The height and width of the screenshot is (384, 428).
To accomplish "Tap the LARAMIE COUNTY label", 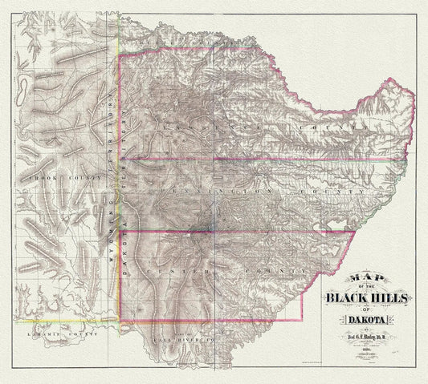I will (50, 331).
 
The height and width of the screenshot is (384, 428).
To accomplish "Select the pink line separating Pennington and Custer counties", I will (241, 232).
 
